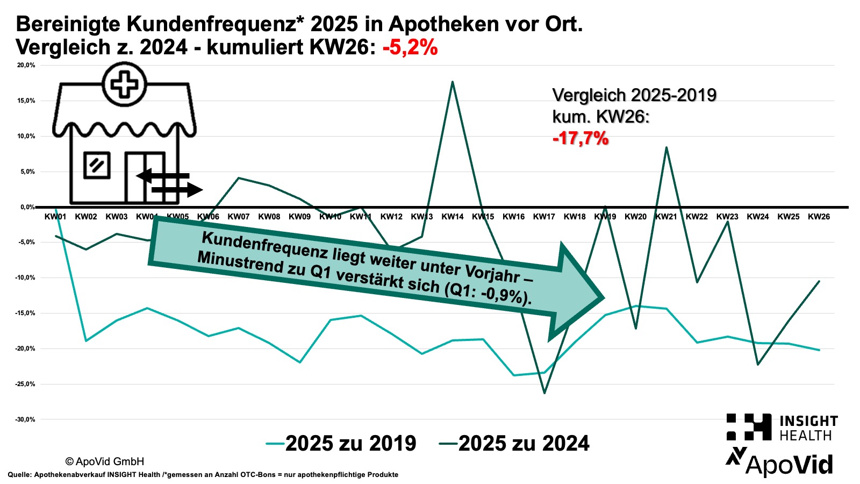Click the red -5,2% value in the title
410,47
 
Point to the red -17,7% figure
580,138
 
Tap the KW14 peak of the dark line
453,82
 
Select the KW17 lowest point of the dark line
544,393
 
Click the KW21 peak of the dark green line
666,147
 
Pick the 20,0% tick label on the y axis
26,65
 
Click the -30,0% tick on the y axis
25,419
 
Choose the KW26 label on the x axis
819,217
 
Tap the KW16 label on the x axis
513,217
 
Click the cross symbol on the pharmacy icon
125,84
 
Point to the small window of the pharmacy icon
97,166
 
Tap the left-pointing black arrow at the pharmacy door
144,176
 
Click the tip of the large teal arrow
603,297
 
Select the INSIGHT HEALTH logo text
808,428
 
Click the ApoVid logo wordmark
789,465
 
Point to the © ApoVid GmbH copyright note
105,461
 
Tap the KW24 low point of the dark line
758,365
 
